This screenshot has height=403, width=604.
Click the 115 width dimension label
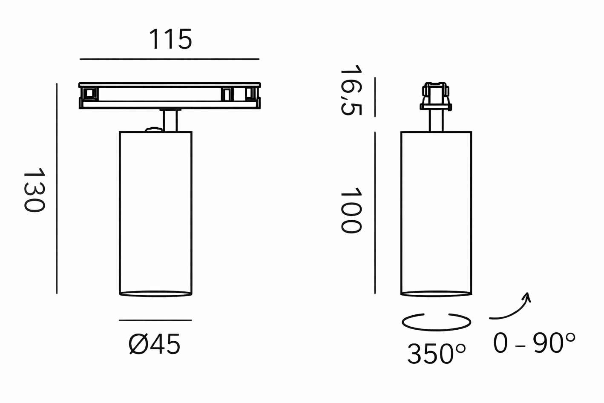(170, 39)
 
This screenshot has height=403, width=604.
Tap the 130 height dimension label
(34, 190)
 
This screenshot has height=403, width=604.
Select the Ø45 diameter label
(155, 344)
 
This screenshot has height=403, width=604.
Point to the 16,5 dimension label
(351, 90)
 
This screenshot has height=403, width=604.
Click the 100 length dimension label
(351, 210)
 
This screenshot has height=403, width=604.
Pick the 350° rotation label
(436, 354)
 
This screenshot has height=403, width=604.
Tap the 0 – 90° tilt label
(534, 343)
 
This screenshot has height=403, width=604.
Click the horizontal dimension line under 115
(170, 59)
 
